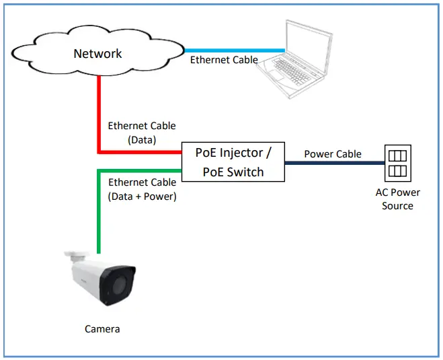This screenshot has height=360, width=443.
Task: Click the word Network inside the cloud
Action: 98,54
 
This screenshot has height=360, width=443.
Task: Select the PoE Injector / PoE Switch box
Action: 233,161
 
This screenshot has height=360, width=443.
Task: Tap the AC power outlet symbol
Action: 397,162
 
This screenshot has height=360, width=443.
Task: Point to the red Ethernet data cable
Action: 100,114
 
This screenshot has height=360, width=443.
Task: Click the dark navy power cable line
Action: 333,162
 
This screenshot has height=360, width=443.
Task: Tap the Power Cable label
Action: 333,153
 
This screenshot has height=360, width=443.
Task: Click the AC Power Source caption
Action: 397,199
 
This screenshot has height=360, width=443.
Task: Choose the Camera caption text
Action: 102,329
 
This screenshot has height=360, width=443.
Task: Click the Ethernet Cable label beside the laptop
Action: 224,60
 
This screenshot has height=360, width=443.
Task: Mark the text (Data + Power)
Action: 142,196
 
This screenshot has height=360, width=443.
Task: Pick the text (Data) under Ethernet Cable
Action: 142,139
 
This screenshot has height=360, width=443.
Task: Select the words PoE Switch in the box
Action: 233,172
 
